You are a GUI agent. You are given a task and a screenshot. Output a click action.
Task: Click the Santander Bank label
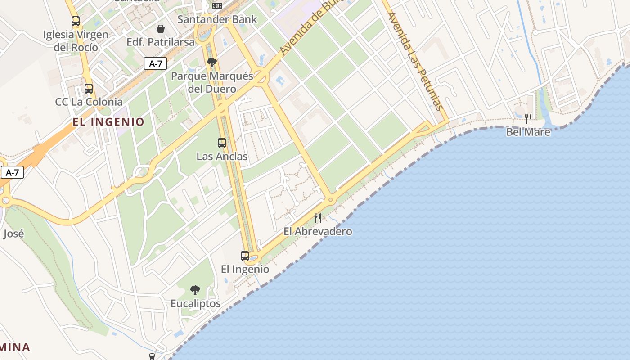(x=217, y=19)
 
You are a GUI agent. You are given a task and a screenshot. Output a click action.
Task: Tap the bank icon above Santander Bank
(x=217, y=5)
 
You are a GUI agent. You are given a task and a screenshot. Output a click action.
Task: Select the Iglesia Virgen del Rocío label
(x=76, y=40)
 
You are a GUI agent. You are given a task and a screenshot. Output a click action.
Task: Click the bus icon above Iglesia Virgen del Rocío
(x=76, y=21)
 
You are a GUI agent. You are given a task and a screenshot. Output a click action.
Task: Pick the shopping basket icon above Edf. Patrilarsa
(x=161, y=29)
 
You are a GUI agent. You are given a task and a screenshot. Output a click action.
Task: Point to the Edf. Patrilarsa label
(x=161, y=42)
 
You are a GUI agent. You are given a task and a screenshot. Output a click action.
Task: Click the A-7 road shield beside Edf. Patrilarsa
(x=155, y=63)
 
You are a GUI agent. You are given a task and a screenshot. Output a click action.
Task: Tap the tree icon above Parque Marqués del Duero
(x=212, y=63)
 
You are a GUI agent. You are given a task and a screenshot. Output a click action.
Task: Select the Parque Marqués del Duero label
(x=212, y=82)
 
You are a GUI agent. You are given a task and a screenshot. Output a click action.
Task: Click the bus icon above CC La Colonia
(x=89, y=89)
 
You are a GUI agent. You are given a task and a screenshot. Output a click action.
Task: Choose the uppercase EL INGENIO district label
(x=109, y=122)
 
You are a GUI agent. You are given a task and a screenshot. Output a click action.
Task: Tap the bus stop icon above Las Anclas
(x=222, y=143)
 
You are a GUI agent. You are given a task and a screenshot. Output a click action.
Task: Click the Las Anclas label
(x=222, y=157)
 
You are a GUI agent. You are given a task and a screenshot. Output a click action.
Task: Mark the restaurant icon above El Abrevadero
(x=318, y=218)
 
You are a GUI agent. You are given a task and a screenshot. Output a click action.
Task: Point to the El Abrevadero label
(x=318, y=232)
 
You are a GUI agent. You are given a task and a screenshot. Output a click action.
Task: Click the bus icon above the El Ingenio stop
(x=245, y=256)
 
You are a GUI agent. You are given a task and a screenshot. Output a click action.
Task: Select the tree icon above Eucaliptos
(x=195, y=290)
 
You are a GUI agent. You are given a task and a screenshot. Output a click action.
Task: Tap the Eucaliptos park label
(x=195, y=304)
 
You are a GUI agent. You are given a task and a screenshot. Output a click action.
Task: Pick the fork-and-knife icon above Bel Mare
(x=528, y=119)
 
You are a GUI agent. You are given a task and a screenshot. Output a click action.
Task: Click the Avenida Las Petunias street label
(x=414, y=61)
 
